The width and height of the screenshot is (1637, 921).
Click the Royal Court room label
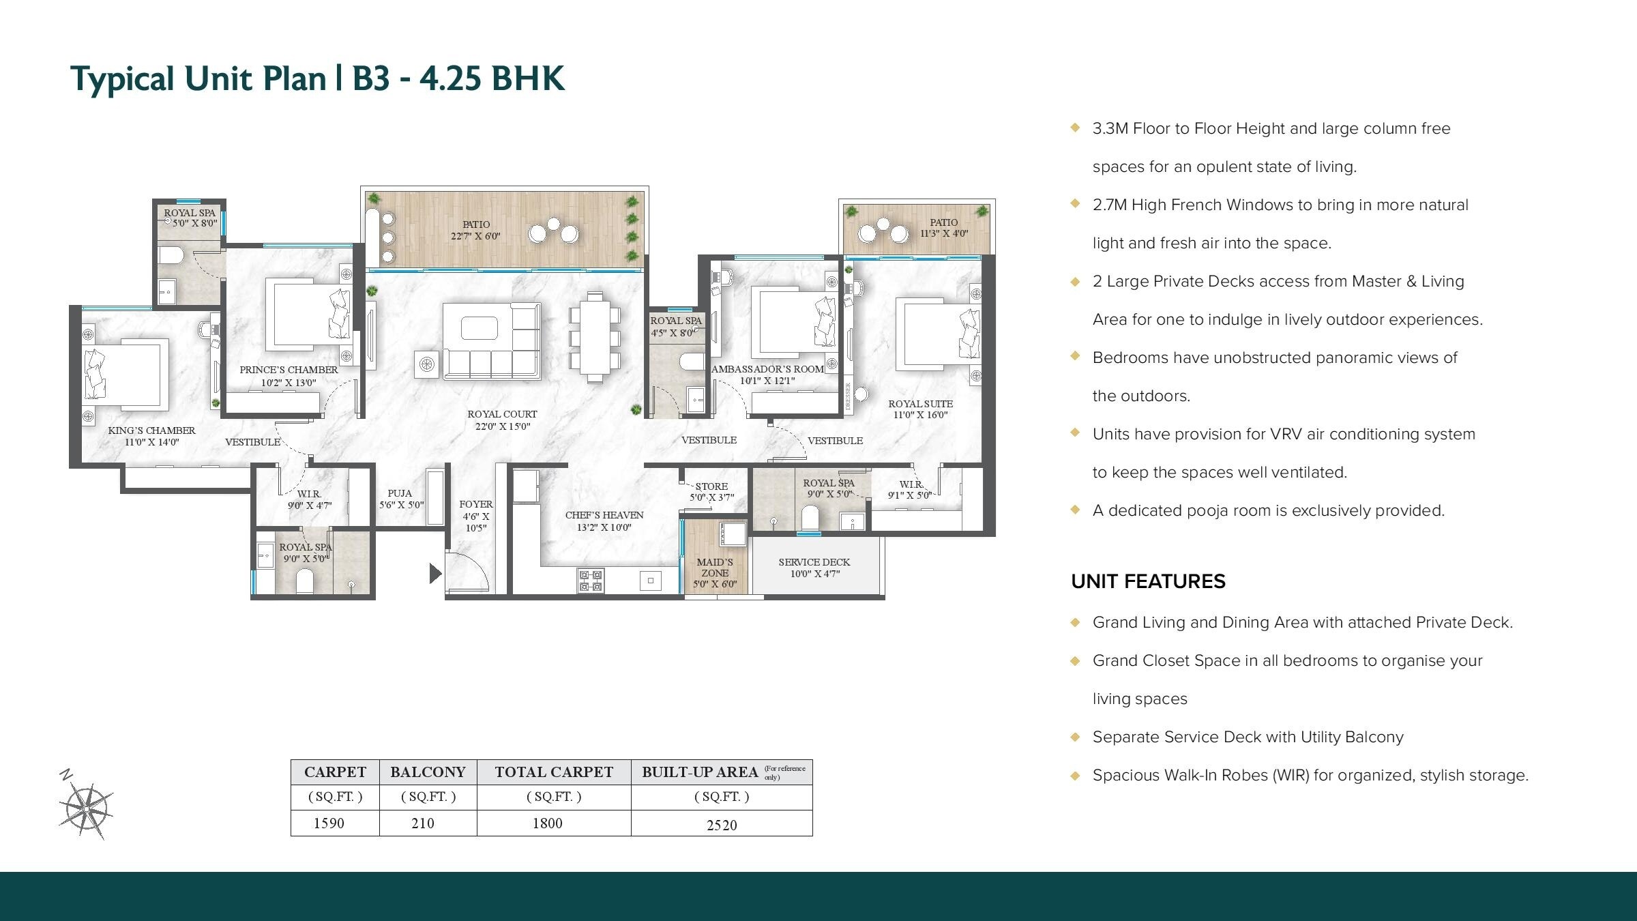coord(502,414)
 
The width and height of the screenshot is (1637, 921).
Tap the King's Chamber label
coord(151,430)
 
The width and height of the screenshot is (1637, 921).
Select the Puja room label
coord(400,493)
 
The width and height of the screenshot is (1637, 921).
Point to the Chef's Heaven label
coord(604,515)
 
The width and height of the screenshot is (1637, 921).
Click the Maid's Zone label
coord(715,568)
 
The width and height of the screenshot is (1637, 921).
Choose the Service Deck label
coord(814,562)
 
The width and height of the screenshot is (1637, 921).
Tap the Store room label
coord(711,486)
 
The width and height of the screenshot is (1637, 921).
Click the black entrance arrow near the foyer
coord(435,574)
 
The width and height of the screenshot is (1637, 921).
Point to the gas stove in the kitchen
coord(591,581)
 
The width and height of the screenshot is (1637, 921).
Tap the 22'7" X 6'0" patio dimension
coord(475,236)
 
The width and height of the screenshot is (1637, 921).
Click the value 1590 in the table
coord(329,823)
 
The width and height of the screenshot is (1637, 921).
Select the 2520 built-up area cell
coord(722,825)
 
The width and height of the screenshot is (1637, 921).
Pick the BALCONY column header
coord(428,772)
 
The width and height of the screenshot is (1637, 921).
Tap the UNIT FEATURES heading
coord(1148,581)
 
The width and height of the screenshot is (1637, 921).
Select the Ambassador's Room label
coord(767,369)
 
